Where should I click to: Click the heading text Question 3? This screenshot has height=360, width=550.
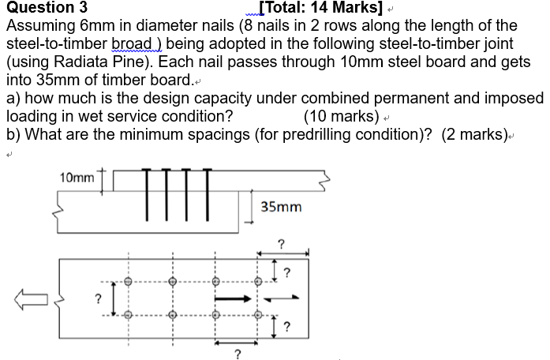tap(47, 9)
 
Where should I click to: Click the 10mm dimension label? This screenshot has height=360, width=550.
tap(77, 178)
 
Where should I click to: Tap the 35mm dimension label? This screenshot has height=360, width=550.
tap(281, 207)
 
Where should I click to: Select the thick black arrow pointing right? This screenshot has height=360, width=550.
tap(234, 299)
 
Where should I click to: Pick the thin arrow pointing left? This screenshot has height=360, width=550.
tap(281, 299)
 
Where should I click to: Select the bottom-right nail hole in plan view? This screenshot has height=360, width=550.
tap(257, 317)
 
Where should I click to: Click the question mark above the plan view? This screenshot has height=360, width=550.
tap(281, 243)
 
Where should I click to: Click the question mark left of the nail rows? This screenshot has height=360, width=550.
tap(98, 298)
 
